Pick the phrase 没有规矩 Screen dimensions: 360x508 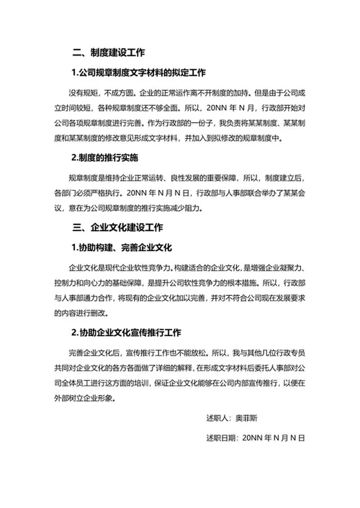tap(83, 93)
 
